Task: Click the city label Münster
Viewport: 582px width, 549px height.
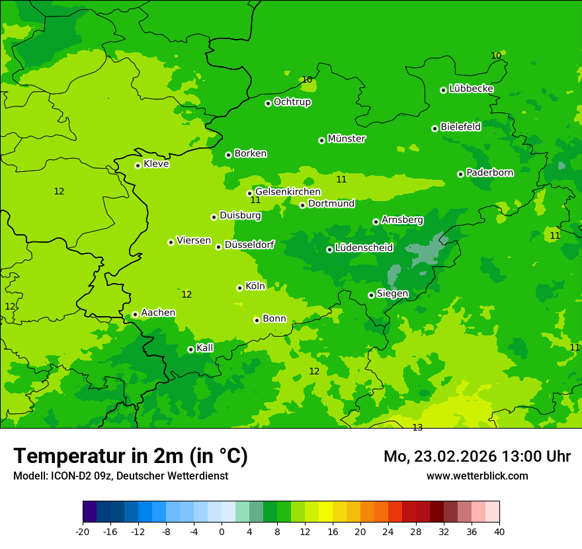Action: pyautogui.click(x=347, y=139)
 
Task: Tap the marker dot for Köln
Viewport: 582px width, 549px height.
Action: pyautogui.click(x=239, y=288)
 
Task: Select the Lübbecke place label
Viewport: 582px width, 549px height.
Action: pyautogui.click(x=471, y=89)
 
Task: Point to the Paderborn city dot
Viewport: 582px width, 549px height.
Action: pyautogui.click(x=460, y=174)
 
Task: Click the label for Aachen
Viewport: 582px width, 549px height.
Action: pyautogui.click(x=158, y=313)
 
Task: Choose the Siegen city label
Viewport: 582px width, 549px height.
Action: pyautogui.click(x=392, y=294)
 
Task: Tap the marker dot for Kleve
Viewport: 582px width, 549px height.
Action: pyautogui.click(x=138, y=165)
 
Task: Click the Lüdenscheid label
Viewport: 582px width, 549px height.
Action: pyautogui.click(x=364, y=248)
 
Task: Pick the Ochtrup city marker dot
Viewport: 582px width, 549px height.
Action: pyautogui.click(x=268, y=103)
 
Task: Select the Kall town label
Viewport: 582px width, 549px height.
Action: pyautogui.click(x=205, y=348)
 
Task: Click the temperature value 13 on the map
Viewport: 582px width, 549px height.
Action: pyautogui.click(x=417, y=428)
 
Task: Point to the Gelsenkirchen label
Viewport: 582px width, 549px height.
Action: pyautogui.click(x=288, y=192)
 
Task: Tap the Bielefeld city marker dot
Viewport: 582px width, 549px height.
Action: pyautogui.click(x=435, y=128)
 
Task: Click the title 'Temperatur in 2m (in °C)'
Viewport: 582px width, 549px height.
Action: pyautogui.click(x=130, y=456)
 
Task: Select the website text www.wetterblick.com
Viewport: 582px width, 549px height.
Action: pyautogui.click(x=477, y=476)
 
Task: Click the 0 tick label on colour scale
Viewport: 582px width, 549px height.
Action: pyautogui.click(x=222, y=532)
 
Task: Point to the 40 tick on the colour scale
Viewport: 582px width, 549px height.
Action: pyautogui.click(x=499, y=532)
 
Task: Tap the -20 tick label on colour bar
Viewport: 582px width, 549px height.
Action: pyautogui.click(x=83, y=532)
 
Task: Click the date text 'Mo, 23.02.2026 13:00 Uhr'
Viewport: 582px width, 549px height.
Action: pyautogui.click(x=477, y=456)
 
